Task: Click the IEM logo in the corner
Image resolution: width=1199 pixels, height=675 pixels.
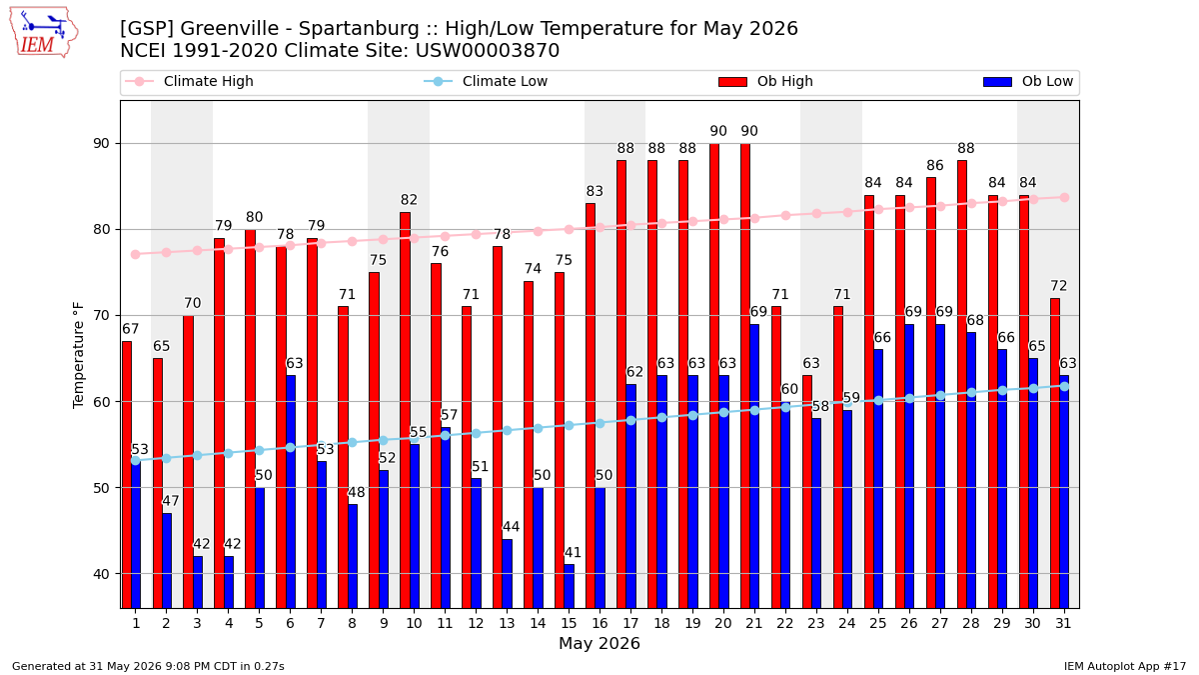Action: (x=44, y=33)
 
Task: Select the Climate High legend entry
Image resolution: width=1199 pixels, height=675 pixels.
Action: (x=189, y=81)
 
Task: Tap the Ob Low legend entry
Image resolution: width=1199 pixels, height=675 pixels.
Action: (x=1028, y=81)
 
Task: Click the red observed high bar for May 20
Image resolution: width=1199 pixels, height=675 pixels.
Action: (x=714, y=376)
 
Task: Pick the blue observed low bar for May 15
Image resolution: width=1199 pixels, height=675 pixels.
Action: (x=569, y=587)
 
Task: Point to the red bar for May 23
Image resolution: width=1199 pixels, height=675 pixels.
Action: (x=806, y=492)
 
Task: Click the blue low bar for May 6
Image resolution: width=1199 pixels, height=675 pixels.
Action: (x=290, y=492)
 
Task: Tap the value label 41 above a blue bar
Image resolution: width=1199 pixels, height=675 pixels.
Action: (x=573, y=552)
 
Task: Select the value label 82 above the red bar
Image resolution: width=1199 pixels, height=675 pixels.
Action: (x=409, y=200)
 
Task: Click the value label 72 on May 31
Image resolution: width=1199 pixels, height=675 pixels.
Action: (x=1059, y=286)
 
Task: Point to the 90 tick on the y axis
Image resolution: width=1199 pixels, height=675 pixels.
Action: (x=101, y=144)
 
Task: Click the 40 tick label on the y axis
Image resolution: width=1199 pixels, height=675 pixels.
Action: (x=101, y=574)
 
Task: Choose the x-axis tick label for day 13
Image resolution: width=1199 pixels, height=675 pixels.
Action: (x=507, y=624)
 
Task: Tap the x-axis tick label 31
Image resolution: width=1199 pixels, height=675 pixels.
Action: (x=1063, y=624)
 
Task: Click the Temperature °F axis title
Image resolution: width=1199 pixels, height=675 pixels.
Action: (x=78, y=355)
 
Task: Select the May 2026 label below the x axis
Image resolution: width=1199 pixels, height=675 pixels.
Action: (x=599, y=643)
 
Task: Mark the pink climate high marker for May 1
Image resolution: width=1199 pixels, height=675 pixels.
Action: (x=136, y=254)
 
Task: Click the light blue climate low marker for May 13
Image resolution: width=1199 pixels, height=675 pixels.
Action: (x=507, y=431)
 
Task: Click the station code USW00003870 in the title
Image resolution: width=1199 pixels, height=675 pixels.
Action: (x=488, y=51)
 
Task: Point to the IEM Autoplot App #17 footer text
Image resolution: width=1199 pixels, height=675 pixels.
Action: (x=1125, y=666)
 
